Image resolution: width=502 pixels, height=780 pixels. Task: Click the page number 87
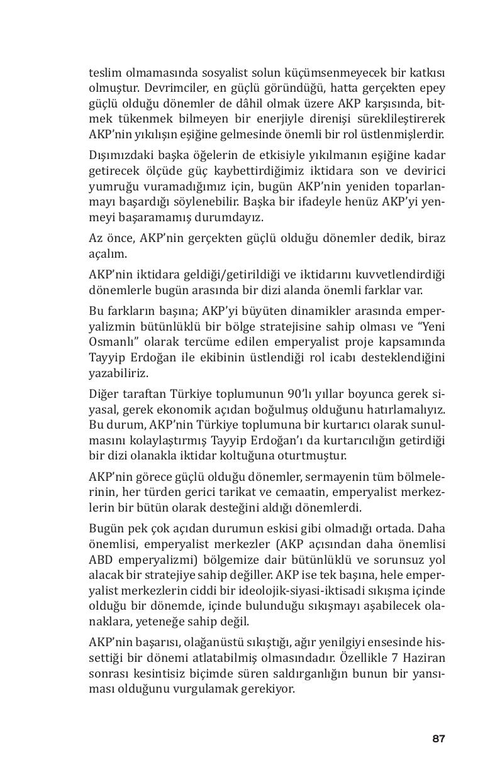click(x=438, y=739)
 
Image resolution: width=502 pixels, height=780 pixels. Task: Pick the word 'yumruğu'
click(x=111, y=187)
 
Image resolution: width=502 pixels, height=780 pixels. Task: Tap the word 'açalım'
click(x=104, y=255)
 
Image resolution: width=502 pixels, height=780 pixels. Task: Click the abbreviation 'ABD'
click(x=100, y=559)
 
